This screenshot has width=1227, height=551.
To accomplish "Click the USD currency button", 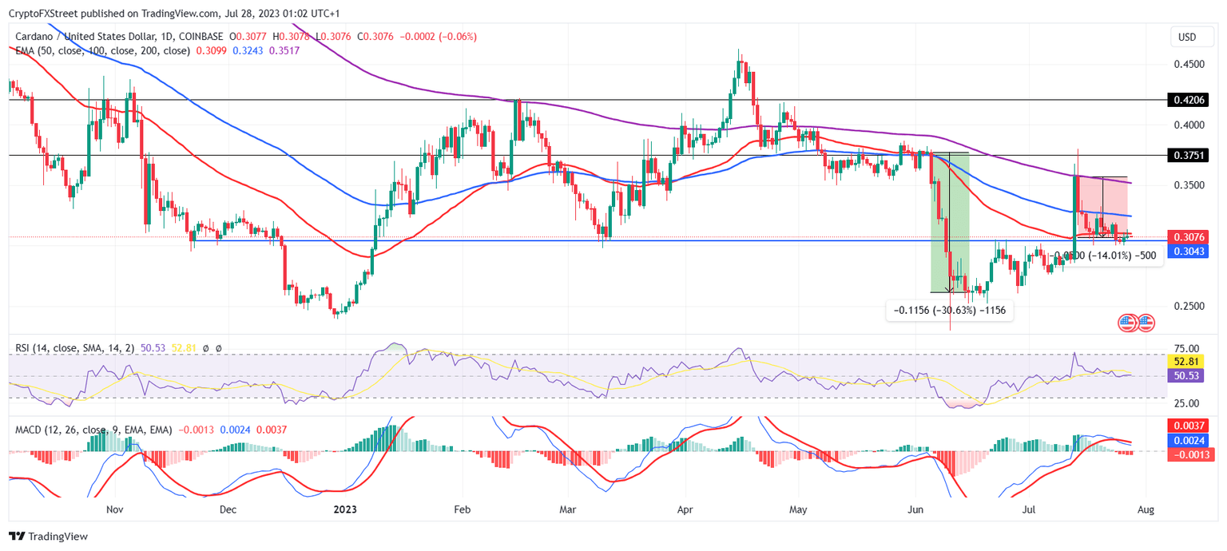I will pyautogui.click(x=1187, y=38).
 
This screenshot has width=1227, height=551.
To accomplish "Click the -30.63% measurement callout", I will pyautogui.click(x=950, y=310).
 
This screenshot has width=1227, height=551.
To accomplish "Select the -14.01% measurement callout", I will pyautogui.click(x=1106, y=256).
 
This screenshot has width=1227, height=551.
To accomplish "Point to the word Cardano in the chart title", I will pyautogui.click(x=36, y=37).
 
